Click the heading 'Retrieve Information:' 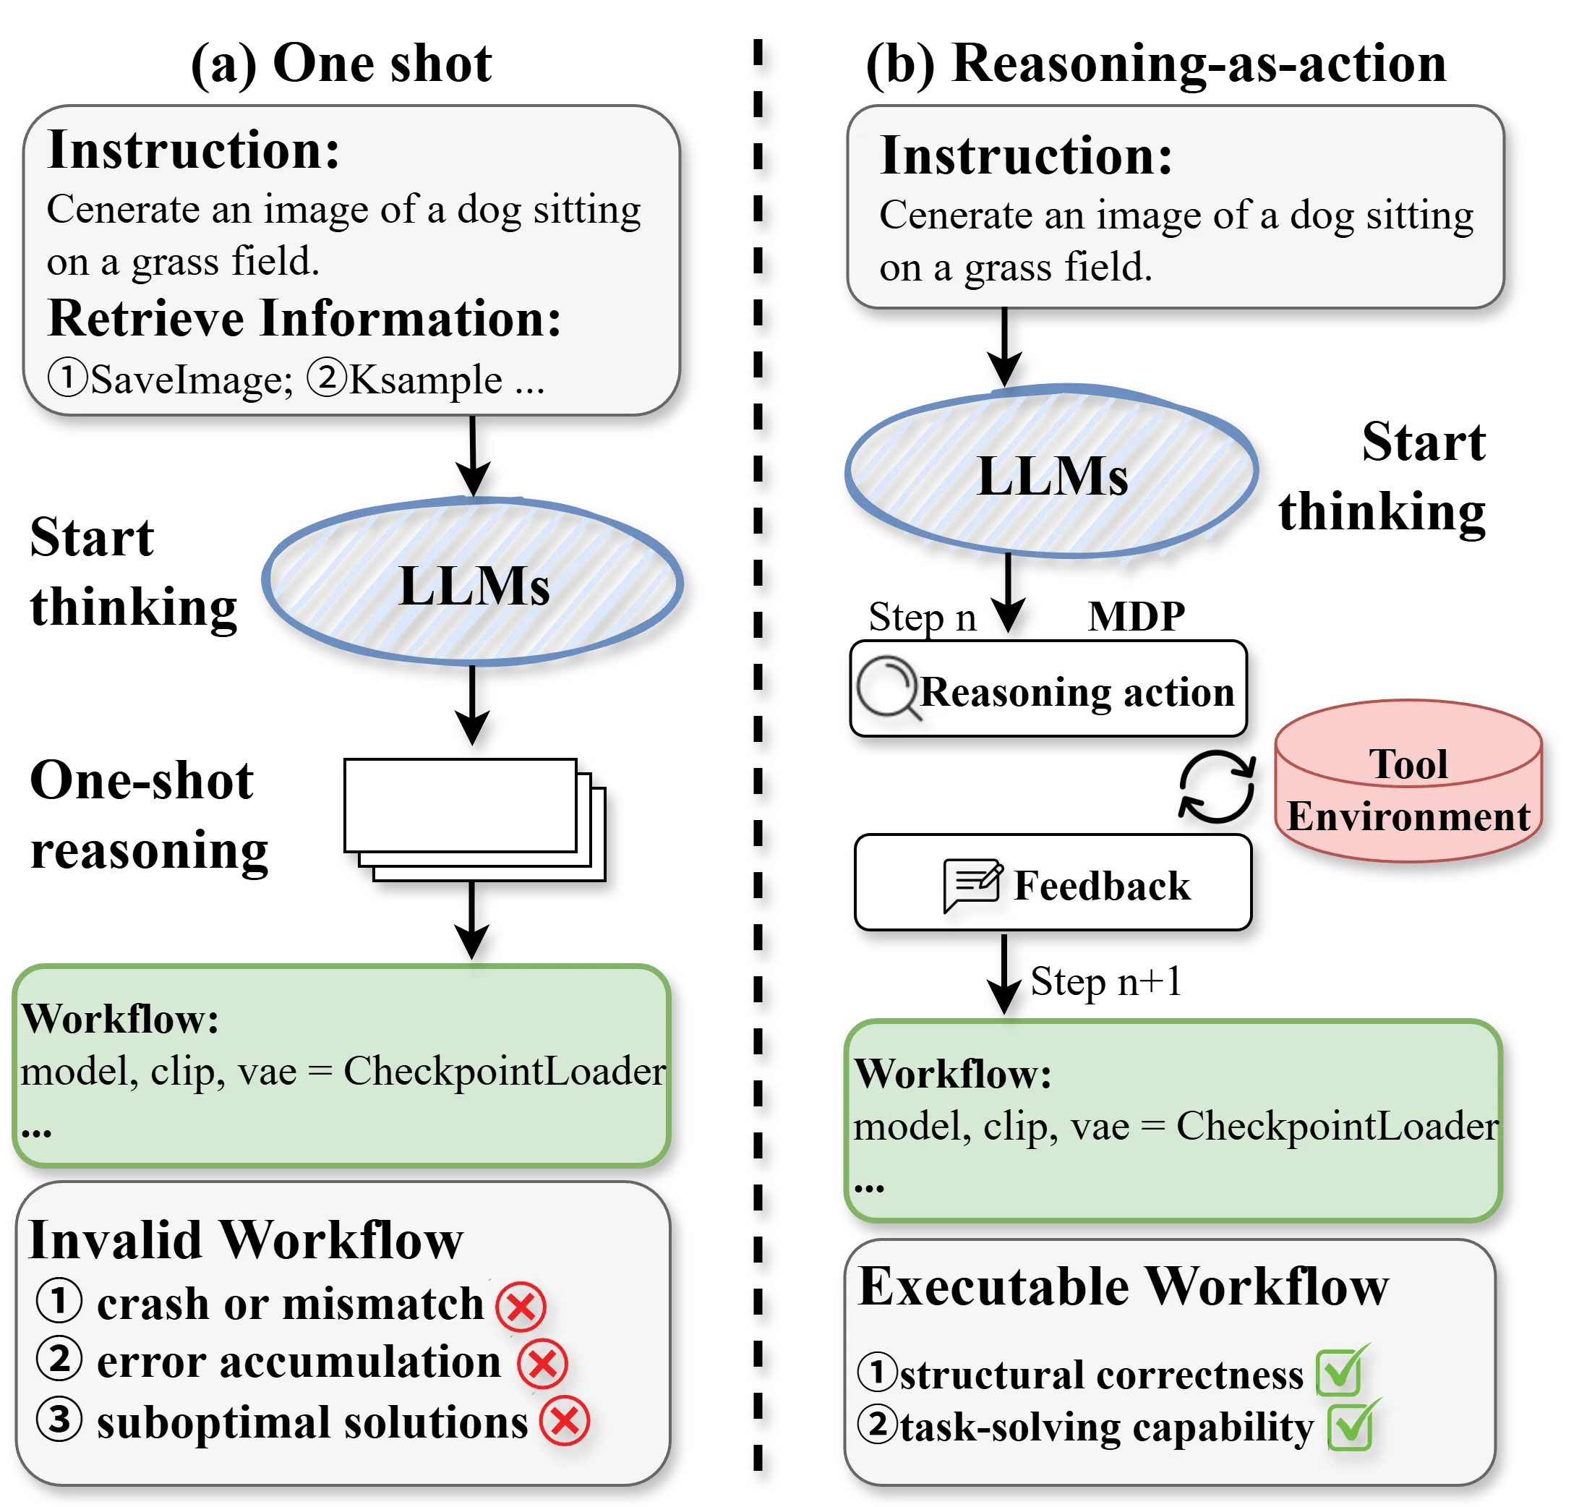304,319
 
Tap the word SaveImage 191,380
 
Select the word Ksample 426,380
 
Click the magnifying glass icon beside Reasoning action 886,688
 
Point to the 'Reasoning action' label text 1077,691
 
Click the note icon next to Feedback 972,884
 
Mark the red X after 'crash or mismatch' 521,1306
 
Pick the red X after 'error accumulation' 542,1363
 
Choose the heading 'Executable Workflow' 1123,1287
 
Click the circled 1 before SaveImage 67,377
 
